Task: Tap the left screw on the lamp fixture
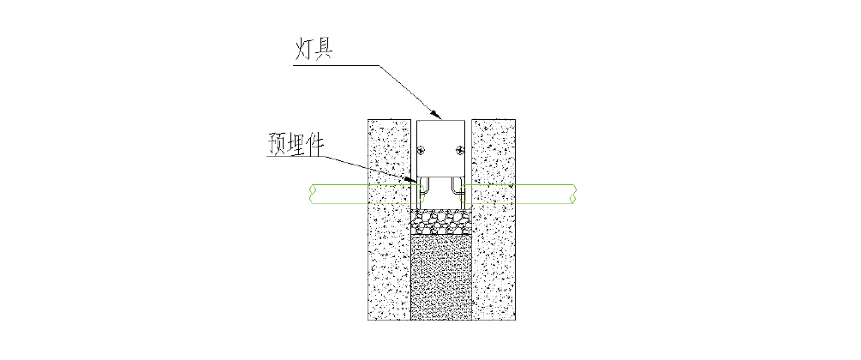point(422,151)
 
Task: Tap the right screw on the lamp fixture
point(460,151)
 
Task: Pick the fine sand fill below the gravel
point(441,279)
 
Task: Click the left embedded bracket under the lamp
point(426,190)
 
